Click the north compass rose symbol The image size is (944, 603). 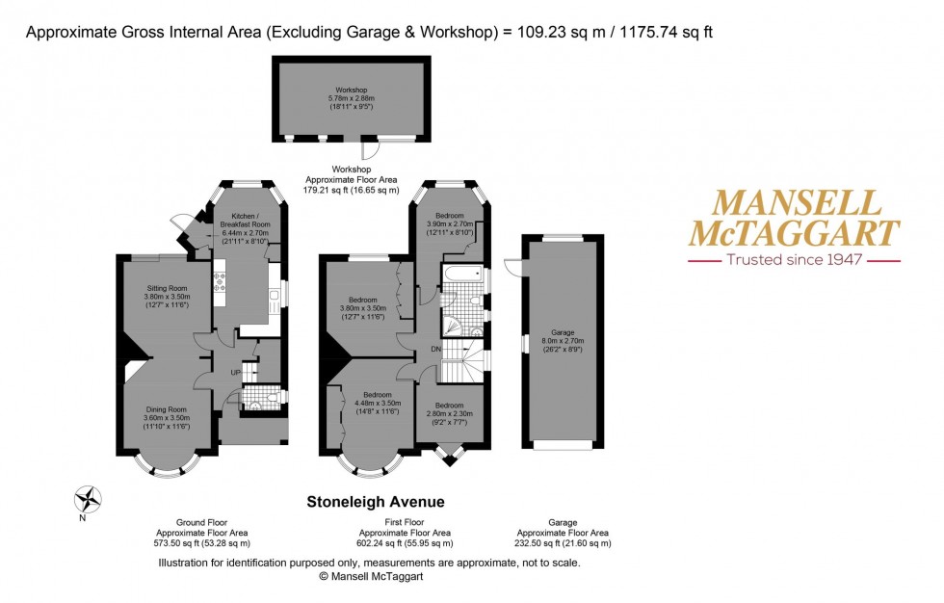tap(89, 499)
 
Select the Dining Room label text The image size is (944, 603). tap(167, 409)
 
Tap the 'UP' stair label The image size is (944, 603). tap(235, 372)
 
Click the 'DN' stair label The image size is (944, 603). tap(435, 348)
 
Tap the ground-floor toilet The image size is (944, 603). tap(273, 396)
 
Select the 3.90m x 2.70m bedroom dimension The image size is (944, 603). tap(449, 223)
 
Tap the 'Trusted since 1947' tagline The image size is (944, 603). tap(794, 259)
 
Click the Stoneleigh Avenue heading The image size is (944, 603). tap(375, 502)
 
